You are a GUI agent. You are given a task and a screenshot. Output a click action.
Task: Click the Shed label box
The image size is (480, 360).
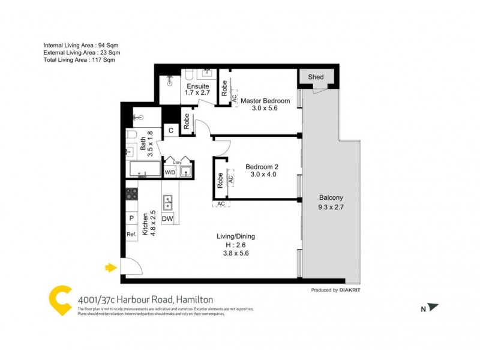pyautogui.click(x=315, y=77)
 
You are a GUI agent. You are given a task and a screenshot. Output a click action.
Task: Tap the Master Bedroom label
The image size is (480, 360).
pyautogui.click(x=265, y=101)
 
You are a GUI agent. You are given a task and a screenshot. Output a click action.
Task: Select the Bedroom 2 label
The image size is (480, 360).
pyautogui.click(x=262, y=167)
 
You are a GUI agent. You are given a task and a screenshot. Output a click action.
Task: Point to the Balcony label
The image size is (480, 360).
pyautogui.click(x=331, y=198)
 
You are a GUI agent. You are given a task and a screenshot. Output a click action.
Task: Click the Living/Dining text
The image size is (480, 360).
pyautogui.click(x=236, y=236)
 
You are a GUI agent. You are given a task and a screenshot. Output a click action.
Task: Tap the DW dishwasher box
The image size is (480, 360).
pyautogui.click(x=167, y=219)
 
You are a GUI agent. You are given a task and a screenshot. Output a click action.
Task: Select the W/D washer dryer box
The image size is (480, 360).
pyautogui.click(x=170, y=173)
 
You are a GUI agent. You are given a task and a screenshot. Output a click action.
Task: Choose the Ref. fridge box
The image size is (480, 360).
pyautogui.click(x=131, y=235)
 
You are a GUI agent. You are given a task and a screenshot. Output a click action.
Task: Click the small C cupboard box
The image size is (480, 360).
pyautogui.click(x=170, y=130)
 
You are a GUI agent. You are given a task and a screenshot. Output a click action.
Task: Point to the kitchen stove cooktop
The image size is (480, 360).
pyautogui.click(x=131, y=194)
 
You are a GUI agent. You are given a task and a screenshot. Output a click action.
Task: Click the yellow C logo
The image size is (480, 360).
pyautogui.click(x=60, y=300)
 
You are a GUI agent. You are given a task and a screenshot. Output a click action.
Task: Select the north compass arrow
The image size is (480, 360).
pyautogui.click(x=433, y=308)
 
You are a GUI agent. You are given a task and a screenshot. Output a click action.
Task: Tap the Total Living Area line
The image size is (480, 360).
pyautogui.click(x=79, y=60)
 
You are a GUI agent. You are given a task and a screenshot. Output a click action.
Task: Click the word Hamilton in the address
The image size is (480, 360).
pyautogui.click(x=194, y=299)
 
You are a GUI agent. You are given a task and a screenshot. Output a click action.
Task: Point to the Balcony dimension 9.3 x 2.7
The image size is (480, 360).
pyautogui.click(x=331, y=208)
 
